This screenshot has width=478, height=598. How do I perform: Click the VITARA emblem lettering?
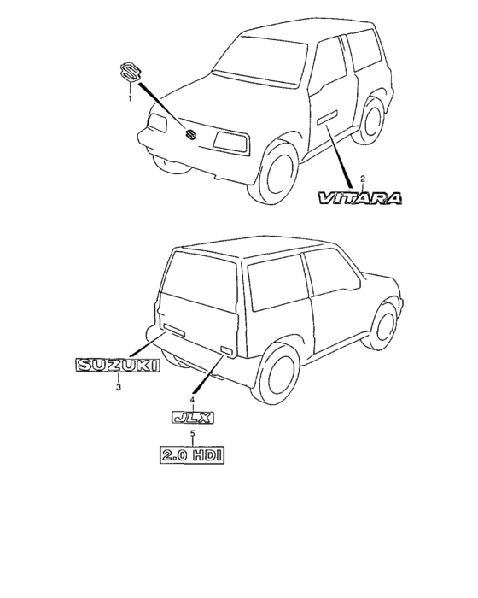[360, 198]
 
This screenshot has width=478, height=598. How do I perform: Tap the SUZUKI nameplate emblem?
[118, 365]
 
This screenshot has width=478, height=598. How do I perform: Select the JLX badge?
[193, 418]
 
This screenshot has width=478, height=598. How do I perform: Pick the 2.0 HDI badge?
[192, 454]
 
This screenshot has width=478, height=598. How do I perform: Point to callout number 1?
[130, 98]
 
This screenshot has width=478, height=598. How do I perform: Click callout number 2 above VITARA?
[363, 179]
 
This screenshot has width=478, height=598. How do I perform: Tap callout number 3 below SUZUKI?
[119, 388]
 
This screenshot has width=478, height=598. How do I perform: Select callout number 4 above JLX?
[192, 399]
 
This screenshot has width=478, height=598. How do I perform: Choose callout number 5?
[193, 433]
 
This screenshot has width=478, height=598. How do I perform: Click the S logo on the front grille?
[190, 134]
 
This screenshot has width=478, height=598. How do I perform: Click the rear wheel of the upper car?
[370, 120]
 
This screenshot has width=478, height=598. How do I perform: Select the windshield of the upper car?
[260, 61]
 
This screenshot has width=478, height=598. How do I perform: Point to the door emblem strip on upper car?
[328, 117]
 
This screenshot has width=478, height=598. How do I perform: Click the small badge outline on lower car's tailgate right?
[226, 350]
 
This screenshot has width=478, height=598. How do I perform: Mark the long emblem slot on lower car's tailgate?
[174, 329]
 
